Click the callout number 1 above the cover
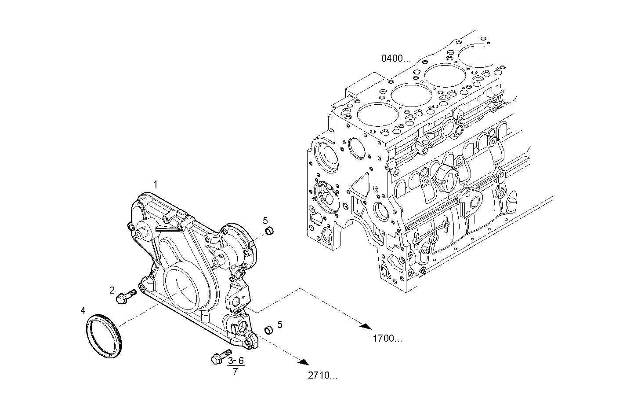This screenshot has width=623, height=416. click(155, 183)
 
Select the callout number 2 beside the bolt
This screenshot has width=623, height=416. click(112, 290)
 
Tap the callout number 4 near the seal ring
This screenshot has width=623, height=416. click(83, 311)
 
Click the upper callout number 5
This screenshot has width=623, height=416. click(265, 220)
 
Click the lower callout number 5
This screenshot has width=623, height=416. click(279, 324)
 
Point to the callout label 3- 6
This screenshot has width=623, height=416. click(235, 361)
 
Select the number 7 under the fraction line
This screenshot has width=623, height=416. click(235, 372)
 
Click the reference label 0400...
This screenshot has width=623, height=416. click(395, 58)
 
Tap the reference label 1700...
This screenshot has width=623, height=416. click(387, 339)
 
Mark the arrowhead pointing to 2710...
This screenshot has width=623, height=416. click(302, 362)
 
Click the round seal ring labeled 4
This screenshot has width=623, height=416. click(104, 336)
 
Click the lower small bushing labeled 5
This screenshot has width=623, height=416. click(267, 329)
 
